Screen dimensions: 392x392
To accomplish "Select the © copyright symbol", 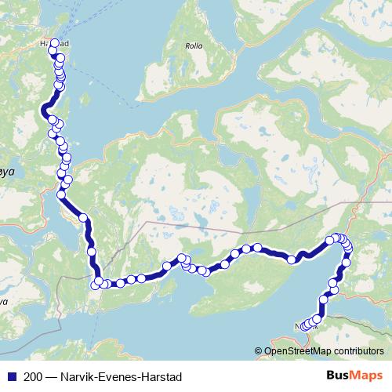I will [258, 350].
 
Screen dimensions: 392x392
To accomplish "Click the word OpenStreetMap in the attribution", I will [296, 350].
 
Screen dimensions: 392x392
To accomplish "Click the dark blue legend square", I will [12, 376].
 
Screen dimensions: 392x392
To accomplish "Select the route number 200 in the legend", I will [34, 376].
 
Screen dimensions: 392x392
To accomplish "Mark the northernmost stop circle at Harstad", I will [55, 44].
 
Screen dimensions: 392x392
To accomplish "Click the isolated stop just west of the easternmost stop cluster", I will [292, 260].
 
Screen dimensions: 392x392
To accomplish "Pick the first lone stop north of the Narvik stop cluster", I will [323, 299].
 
